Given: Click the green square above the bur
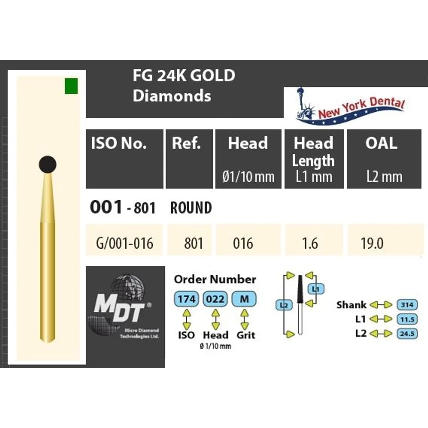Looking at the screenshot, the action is click(x=71, y=86).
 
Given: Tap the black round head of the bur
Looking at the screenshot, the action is click(x=48, y=165).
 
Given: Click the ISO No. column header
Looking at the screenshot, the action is click(x=125, y=159).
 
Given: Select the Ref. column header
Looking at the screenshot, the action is click(x=189, y=159).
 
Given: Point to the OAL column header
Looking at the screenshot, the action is click(x=384, y=159).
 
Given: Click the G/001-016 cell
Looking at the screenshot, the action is click(x=125, y=240).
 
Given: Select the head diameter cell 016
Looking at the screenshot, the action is click(x=248, y=240).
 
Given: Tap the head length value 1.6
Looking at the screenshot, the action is click(x=314, y=240).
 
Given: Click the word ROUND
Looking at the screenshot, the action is click(x=191, y=208).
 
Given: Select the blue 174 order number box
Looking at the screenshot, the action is click(x=187, y=299).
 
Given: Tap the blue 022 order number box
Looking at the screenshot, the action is click(x=215, y=299).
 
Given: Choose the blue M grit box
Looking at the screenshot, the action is click(x=244, y=299).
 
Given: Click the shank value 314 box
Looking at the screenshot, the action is click(x=407, y=305).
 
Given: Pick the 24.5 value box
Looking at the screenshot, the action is click(x=407, y=333).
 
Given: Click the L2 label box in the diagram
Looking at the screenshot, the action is click(x=284, y=305).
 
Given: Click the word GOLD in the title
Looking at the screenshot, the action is click(x=212, y=75).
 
